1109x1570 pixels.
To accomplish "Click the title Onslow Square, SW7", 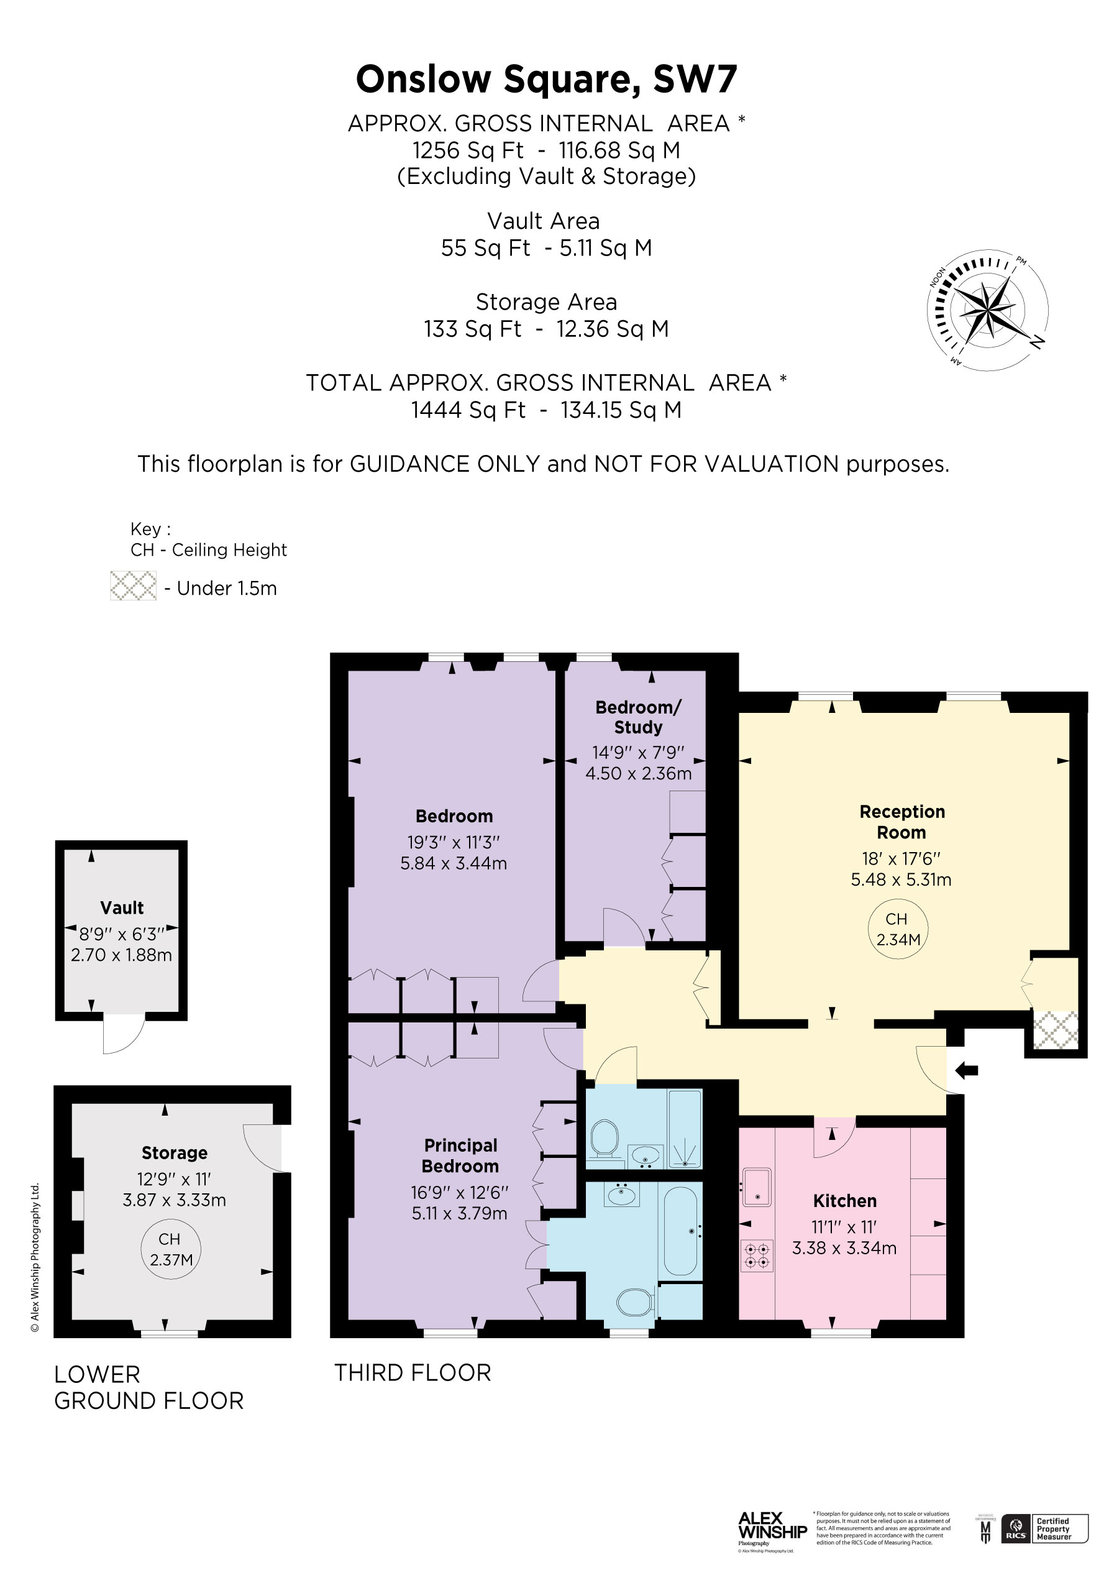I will pyautogui.click(x=546, y=80).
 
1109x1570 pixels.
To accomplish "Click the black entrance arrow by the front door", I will pyautogui.click(x=967, y=1070).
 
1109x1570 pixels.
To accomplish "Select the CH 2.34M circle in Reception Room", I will pyautogui.click(x=898, y=929).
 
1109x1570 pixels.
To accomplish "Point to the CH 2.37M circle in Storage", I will pyautogui.click(x=170, y=1249).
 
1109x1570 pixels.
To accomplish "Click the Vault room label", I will pyautogui.click(x=122, y=908).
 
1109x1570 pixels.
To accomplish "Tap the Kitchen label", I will pyautogui.click(x=844, y=1201).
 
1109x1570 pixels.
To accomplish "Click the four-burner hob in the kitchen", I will pyautogui.click(x=757, y=1256).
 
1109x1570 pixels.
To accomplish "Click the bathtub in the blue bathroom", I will pyautogui.click(x=680, y=1231).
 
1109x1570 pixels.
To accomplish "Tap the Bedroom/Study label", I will pyautogui.click(x=638, y=717).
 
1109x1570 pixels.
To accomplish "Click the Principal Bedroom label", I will pyautogui.click(x=460, y=1155).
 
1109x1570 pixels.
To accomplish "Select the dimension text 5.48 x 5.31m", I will pyautogui.click(x=900, y=880).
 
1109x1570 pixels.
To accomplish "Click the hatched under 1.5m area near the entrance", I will pyautogui.click(x=1055, y=1030).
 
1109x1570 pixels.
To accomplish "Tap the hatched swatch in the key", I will pyautogui.click(x=134, y=586).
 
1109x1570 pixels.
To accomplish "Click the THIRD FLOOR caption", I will pyautogui.click(x=413, y=1373).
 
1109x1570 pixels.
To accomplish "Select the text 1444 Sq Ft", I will pyautogui.click(x=468, y=410).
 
